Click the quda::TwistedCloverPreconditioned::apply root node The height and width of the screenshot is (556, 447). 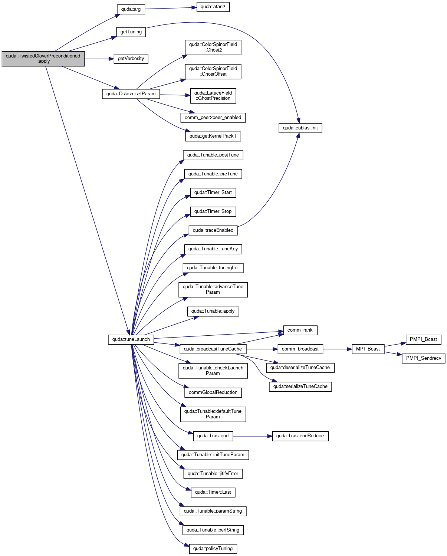43,59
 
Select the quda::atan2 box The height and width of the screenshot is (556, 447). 213,7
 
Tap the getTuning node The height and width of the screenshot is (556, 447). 131,32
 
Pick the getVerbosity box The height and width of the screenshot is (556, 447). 131,59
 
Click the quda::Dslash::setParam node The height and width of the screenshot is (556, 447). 131,94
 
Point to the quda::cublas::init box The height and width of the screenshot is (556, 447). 300,128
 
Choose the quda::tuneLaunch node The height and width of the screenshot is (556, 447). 131,339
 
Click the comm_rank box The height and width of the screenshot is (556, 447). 300,330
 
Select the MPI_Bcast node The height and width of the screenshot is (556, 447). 368,349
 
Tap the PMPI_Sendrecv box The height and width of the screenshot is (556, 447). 424,358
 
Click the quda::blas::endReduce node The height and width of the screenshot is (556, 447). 300,436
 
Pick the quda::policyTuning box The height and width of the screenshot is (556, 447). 213,549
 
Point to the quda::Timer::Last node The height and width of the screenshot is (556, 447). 213,492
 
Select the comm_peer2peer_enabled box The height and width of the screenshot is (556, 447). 213,118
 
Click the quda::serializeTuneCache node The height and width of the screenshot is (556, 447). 300,386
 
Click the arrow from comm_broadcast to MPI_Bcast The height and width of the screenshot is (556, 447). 338,349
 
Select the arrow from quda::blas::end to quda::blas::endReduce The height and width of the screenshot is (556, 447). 253,436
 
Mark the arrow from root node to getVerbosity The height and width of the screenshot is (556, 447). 99,59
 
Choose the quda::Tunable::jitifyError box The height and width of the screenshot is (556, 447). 213,474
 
